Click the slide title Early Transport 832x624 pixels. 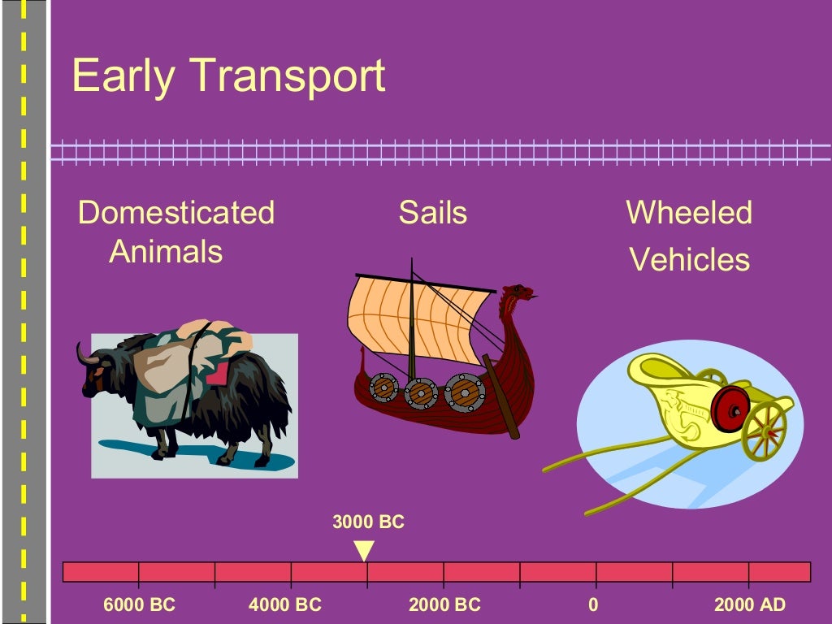click(228, 76)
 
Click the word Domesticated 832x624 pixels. click(176, 213)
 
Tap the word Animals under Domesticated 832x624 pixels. click(166, 252)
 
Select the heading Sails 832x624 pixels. click(432, 213)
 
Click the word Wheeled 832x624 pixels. click(689, 213)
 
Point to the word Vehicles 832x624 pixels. click(689, 260)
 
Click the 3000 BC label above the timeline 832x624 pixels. click(368, 522)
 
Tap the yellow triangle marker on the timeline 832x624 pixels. click(365, 549)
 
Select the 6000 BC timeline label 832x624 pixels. click(139, 605)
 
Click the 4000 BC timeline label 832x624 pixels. click(285, 605)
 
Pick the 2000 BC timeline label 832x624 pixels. click(444, 605)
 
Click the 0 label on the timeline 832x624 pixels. click(593, 605)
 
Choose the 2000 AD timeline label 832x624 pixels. click(749, 605)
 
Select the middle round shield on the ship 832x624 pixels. click(421, 393)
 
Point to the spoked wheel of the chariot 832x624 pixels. click(765, 430)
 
